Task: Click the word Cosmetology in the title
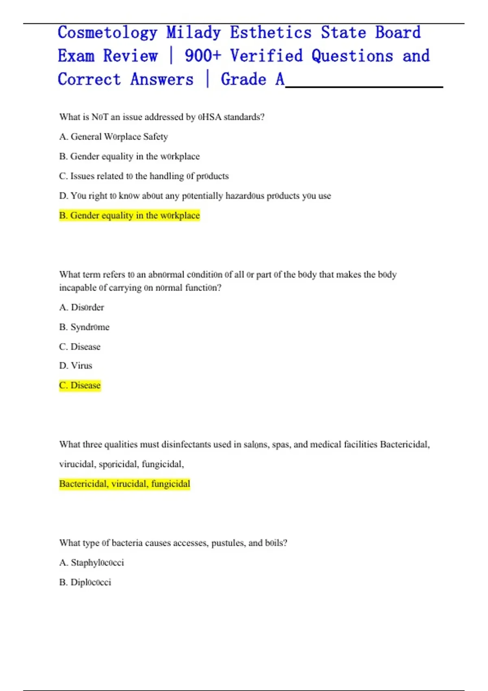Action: [107, 33]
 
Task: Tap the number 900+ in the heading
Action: [203, 56]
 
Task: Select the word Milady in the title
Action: [194, 33]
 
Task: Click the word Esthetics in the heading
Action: [271, 33]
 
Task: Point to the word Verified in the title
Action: [266, 56]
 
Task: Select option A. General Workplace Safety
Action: [113, 137]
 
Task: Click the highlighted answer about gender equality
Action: [129, 215]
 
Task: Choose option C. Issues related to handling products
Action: [144, 176]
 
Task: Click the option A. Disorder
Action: [82, 307]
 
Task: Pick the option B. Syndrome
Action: [84, 327]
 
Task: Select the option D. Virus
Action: [76, 365]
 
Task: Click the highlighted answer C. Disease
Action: [80, 385]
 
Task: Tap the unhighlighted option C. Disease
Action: [80, 347]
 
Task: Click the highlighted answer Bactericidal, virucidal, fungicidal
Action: [124, 484]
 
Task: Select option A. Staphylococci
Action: [91, 563]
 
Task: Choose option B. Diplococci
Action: [85, 582]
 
